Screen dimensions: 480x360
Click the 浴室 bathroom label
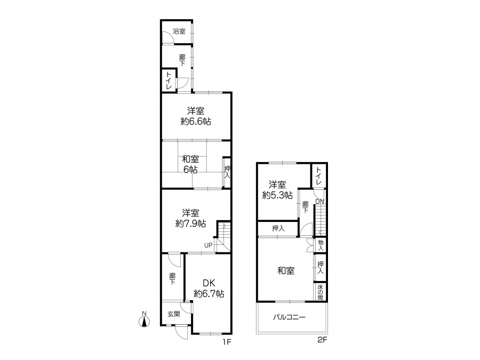pyautogui.click(x=179, y=31)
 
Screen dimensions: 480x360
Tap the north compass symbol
pyautogui.click(x=144, y=320)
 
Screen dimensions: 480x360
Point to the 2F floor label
pyautogui.click(x=322, y=340)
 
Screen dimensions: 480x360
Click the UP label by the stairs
pyautogui.click(x=208, y=245)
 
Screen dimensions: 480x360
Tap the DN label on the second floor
pyautogui.click(x=319, y=202)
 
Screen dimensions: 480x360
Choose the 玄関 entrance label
pyautogui.click(x=173, y=314)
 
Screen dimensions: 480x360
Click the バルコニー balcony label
pyautogui.click(x=289, y=317)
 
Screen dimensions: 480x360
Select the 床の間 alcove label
pyautogui.click(x=320, y=292)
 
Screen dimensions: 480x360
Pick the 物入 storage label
pyautogui.click(x=321, y=245)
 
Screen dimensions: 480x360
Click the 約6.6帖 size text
pyautogui.click(x=196, y=122)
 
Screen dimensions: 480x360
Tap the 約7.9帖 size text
pyautogui.click(x=190, y=224)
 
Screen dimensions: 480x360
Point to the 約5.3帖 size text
pyautogui.click(x=277, y=195)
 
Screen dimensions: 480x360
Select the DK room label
pyautogui.click(x=209, y=283)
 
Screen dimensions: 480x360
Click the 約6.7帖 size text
pyautogui.click(x=209, y=294)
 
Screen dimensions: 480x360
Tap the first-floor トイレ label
pyautogui.click(x=169, y=80)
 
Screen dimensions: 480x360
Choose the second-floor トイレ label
pyautogui.click(x=318, y=175)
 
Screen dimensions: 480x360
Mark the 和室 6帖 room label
pyautogui.click(x=190, y=164)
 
